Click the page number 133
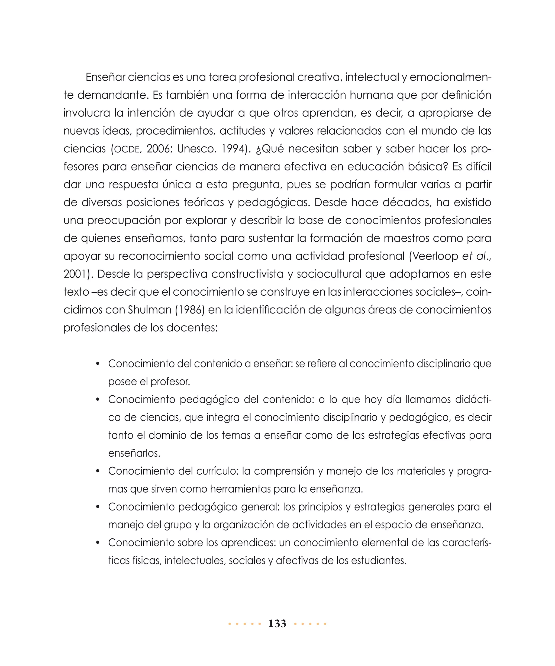[x=277, y=623]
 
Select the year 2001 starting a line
[x=75, y=274]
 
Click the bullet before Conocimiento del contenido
[x=98, y=364]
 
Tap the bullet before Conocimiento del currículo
[x=98, y=471]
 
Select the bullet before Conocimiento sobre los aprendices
[x=98, y=543]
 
